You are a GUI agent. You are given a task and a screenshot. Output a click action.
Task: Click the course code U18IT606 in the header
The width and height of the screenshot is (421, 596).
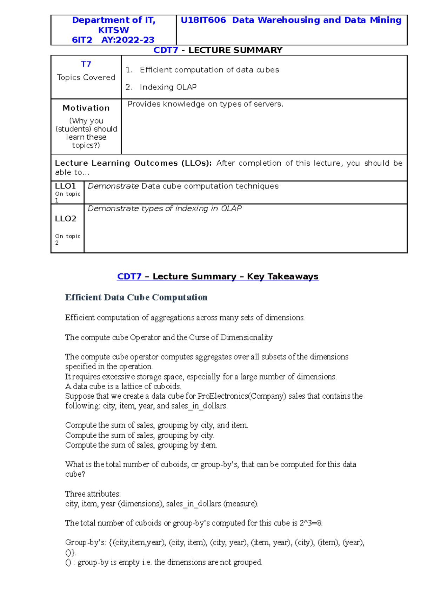point(203,20)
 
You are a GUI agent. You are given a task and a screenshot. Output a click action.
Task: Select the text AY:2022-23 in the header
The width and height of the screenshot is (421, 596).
point(128,40)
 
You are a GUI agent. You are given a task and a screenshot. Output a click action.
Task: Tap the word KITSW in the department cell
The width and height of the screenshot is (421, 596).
point(113,30)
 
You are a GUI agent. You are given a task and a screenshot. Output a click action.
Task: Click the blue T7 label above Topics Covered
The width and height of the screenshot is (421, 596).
point(86,64)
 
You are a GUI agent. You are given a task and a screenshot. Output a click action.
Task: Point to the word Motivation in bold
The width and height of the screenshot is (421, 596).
point(86,108)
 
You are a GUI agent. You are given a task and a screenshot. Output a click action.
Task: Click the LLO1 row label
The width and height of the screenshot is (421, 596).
point(65,186)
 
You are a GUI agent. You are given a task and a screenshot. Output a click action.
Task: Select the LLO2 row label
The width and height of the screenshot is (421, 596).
point(66,219)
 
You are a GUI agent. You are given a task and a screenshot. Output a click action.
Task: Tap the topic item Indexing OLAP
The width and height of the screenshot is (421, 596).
point(168,87)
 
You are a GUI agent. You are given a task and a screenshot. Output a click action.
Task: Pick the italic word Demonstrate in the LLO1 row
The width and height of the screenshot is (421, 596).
point(113,186)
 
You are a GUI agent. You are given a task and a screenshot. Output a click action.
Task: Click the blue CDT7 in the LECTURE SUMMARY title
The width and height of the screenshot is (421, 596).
point(166,50)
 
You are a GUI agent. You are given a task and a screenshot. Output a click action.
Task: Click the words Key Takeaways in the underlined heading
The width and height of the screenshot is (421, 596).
point(282,277)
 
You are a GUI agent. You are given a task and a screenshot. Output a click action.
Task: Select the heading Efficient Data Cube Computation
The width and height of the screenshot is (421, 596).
point(136,298)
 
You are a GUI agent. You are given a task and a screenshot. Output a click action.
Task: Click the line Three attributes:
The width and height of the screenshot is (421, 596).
point(93,494)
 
